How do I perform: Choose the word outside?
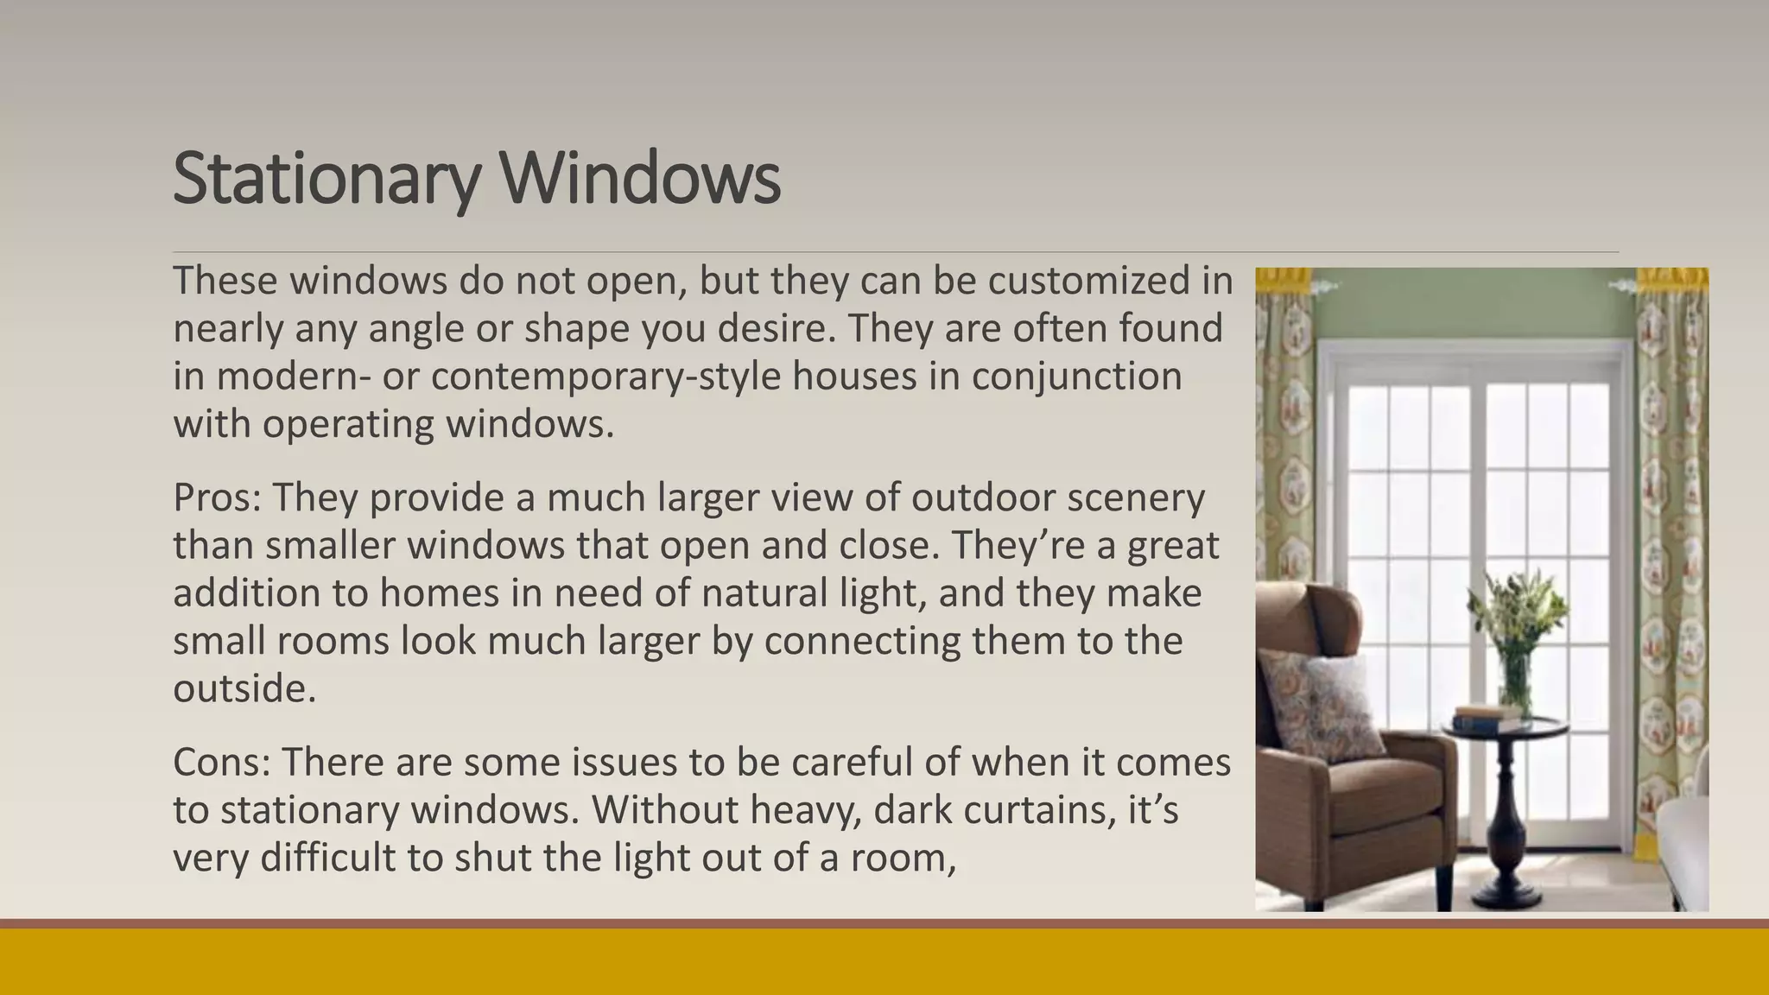coord(244,689)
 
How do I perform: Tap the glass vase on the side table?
coord(1516,682)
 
